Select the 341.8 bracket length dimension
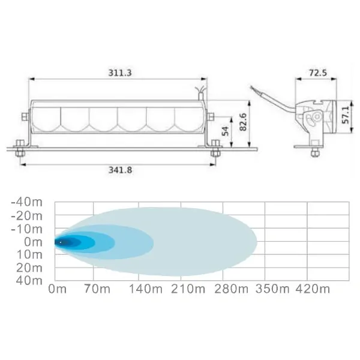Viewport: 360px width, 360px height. (121, 170)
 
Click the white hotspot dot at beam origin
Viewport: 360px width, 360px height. (60, 242)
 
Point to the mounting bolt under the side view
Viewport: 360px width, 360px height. (315, 152)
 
